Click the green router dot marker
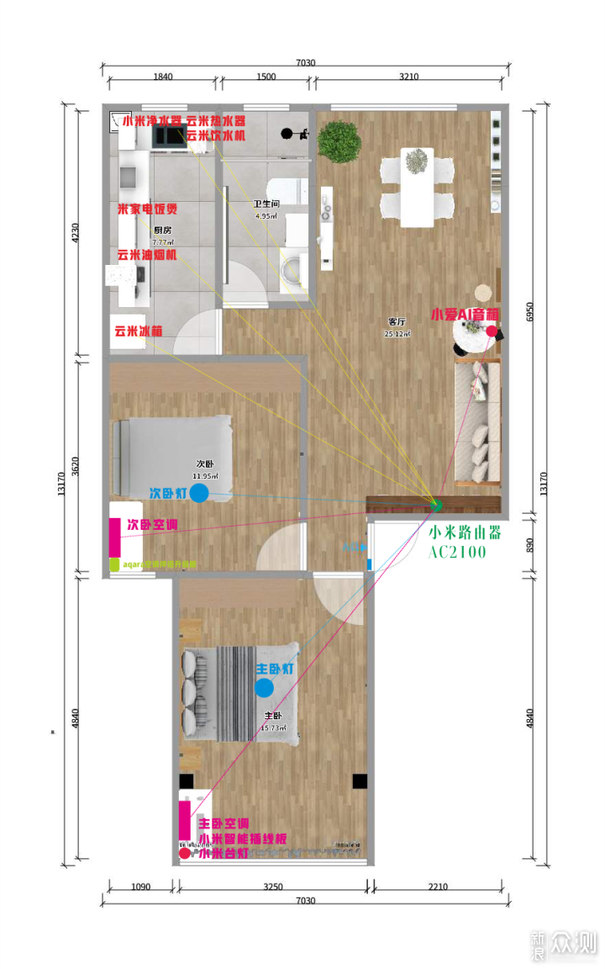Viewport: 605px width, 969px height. coord(436,505)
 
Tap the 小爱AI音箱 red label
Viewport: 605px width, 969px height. coord(464,315)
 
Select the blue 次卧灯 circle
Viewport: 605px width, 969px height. coord(199,493)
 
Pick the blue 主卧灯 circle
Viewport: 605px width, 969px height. coord(264,688)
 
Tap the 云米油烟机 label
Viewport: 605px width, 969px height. coord(146,255)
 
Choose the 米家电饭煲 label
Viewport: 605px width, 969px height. coord(147,209)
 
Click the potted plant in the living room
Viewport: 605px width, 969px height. coord(339,140)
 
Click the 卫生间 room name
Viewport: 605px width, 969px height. coord(266,204)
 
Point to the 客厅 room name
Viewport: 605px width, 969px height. coord(397,322)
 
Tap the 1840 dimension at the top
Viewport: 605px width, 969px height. coord(163,77)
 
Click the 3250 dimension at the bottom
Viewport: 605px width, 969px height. coord(273,887)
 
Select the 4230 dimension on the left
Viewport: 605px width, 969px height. coord(78,232)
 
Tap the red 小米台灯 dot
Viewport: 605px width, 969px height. coord(185,853)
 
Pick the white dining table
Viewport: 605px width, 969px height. coord(416,187)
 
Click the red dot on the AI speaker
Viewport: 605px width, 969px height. coord(491,331)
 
